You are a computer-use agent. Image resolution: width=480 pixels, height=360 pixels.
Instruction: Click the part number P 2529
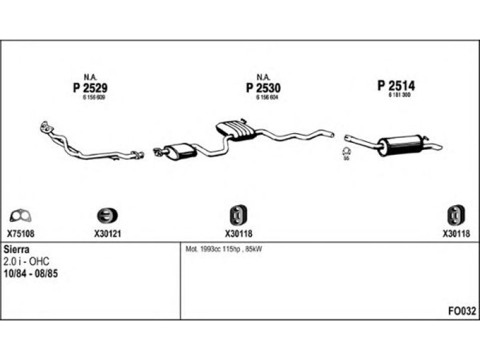[x=90, y=88]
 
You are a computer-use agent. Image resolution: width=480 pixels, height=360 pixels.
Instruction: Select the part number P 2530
[x=263, y=88]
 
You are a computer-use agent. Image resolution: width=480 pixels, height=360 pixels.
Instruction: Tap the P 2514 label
[x=396, y=86]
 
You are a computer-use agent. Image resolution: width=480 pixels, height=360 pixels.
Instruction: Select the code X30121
[x=108, y=234]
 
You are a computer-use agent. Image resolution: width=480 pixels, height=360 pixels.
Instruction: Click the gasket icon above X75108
[x=22, y=215]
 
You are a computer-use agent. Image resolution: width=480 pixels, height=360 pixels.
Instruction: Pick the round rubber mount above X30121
[x=107, y=215]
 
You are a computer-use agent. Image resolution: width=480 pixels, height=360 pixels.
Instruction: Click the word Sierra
[x=17, y=249]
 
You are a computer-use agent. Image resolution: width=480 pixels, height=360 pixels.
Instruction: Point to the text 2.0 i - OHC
[x=26, y=261]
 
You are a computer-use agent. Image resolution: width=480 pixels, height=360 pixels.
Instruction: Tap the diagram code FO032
[x=462, y=311]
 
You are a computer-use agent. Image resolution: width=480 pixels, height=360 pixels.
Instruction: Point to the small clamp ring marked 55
[x=346, y=151]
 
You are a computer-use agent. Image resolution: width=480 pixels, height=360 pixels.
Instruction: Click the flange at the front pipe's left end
[x=44, y=127]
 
